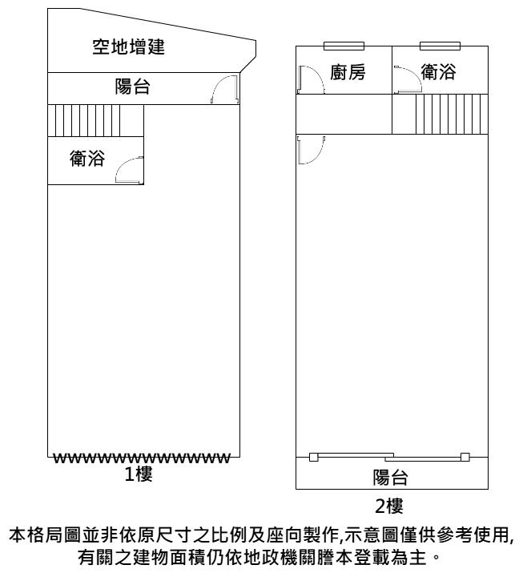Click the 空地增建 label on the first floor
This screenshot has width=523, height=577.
(128, 46)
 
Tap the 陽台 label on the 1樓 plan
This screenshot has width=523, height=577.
(132, 87)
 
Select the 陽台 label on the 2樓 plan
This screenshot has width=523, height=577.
(391, 478)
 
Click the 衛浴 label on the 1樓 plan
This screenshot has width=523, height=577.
(87, 158)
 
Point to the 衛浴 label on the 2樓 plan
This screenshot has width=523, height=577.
(438, 71)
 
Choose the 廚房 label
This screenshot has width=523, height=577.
(348, 72)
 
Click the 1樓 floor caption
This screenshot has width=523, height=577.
(139, 474)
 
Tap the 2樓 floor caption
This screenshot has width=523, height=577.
(389, 506)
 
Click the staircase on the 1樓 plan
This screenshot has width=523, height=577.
(84, 120)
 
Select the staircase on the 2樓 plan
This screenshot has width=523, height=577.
(452, 114)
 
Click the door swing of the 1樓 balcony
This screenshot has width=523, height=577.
(225, 90)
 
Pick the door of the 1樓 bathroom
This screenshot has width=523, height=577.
(130, 170)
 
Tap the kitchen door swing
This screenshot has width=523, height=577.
(311, 79)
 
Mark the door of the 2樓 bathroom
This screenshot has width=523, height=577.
(408, 79)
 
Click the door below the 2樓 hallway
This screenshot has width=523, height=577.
(311, 150)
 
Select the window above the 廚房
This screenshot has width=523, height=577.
(344, 46)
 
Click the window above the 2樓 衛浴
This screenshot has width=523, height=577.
(441, 46)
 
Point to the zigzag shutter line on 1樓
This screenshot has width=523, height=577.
(142, 458)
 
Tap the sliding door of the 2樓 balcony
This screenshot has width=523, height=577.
(389, 457)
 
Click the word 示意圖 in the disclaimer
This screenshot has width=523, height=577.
(372, 535)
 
